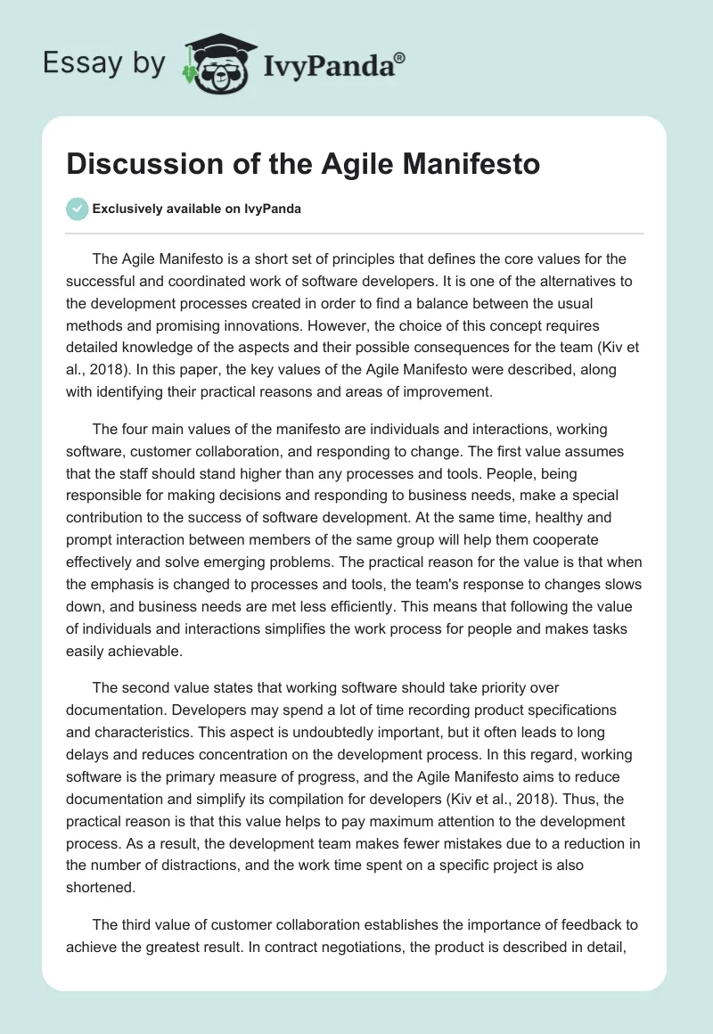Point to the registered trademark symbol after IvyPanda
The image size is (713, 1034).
pos(400,57)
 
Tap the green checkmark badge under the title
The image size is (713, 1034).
pos(76,209)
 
